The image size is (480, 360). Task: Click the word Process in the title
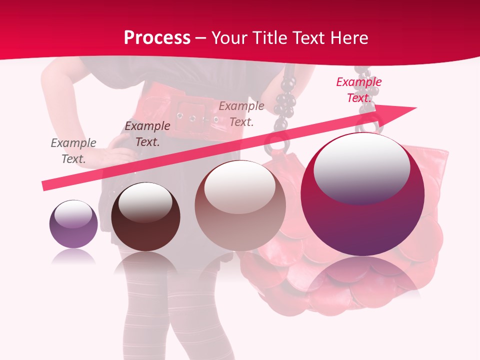157,38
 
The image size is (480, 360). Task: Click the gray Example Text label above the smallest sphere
73,150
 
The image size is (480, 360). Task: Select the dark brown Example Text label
147,134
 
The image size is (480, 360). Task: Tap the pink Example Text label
358,90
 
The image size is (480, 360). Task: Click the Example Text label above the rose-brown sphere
241,113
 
